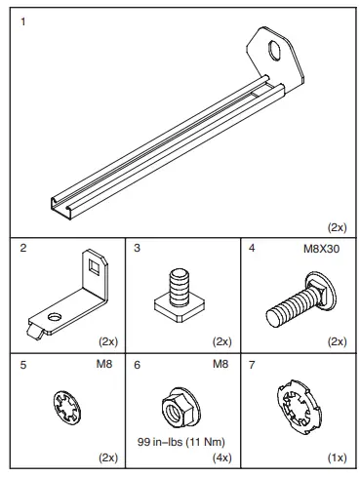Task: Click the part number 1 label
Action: [x=22, y=20]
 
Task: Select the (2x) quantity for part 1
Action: [x=337, y=226]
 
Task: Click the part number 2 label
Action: [x=22, y=249]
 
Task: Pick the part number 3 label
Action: [x=138, y=249]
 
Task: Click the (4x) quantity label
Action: [x=220, y=457]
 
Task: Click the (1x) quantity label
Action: [x=336, y=457]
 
